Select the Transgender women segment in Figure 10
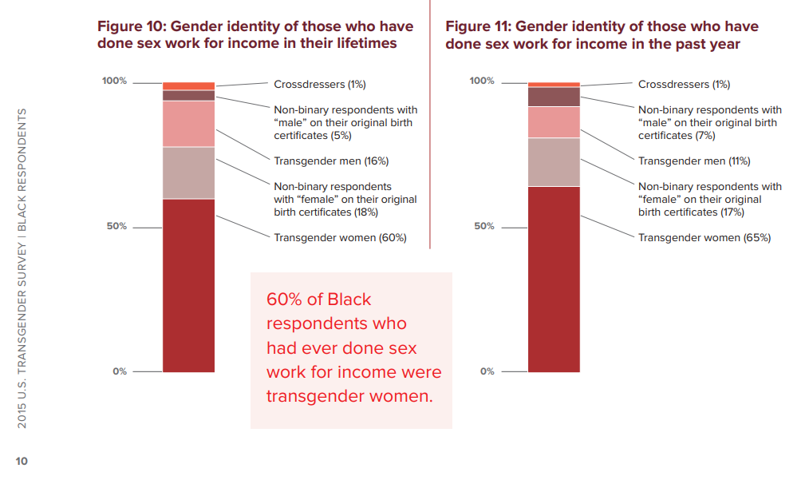[188, 285]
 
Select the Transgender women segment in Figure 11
[554, 279]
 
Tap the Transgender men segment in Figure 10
[188, 124]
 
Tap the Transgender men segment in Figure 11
[554, 122]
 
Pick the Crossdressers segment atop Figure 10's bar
[188, 85]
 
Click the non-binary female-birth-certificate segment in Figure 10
[188, 173]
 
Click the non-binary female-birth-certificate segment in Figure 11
[554, 162]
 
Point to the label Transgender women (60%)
[340, 237]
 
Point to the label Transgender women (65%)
[704, 237]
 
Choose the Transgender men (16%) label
[331, 161]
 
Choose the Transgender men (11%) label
[694, 161]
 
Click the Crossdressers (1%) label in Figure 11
[684, 85]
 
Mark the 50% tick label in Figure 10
[116, 226]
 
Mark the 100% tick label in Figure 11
[481, 81]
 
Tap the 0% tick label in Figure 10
[119, 371]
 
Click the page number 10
[21, 461]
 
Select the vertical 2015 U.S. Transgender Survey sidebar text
[22, 268]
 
